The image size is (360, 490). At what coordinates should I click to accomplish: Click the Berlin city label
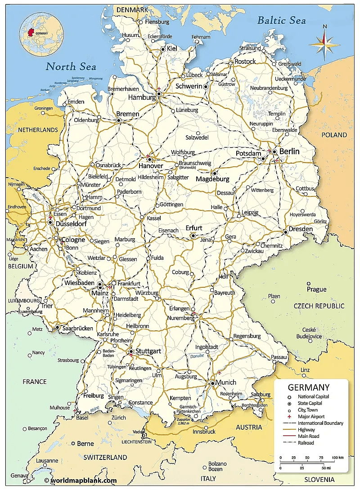[289, 151]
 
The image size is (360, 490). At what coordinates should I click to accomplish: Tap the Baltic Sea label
[281, 20]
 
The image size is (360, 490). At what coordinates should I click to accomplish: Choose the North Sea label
[71, 67]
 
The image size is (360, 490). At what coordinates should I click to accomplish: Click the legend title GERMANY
[308, 387]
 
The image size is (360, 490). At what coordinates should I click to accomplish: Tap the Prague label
[317, 289]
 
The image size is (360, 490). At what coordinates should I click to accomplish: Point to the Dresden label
[301, 229]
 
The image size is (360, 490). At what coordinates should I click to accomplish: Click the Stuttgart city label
[148, 351]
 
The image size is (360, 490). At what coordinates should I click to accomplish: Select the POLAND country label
[334, 135]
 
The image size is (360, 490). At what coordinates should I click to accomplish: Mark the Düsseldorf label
[72, 222]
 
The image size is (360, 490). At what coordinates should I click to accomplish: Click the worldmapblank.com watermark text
[83, 480]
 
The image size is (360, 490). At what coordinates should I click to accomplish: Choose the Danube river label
[197, 356]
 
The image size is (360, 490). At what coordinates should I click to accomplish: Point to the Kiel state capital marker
[163, 49]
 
